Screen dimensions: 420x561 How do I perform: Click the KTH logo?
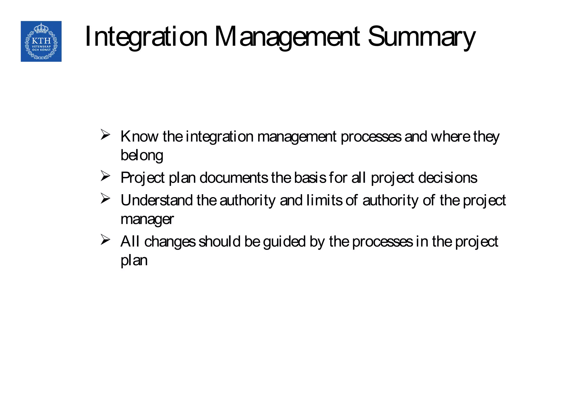click(41, 41)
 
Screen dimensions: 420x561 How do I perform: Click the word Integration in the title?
click(146, 37)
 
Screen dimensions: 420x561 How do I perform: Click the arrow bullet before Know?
click(105, 135)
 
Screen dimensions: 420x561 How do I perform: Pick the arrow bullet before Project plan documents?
click(105, 176)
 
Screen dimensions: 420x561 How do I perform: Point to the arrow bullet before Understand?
click(105, 199)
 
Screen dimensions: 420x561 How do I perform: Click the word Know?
click(139, 136)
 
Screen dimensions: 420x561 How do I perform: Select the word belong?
click(142, 155)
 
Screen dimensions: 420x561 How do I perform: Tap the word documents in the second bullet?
click(234, 178)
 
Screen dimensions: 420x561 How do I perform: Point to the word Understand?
click(157, 200)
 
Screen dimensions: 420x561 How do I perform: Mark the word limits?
click(324, 200)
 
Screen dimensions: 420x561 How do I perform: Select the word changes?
click(170, 242)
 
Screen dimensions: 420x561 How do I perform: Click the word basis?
click(310, 178)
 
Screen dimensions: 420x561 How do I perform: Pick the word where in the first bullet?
click(450, 136)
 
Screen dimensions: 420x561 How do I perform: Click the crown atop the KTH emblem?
click(41, 28)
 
